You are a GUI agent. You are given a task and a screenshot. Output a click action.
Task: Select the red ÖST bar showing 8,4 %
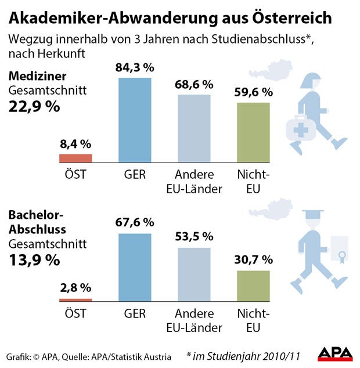click(x=76, y=158)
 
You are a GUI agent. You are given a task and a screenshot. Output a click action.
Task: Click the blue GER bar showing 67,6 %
click(x=135, y=267)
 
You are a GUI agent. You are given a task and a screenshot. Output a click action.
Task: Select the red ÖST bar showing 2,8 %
click(x=76, y=300)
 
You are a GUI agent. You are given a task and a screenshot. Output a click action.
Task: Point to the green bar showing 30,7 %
click(x=254, y=286)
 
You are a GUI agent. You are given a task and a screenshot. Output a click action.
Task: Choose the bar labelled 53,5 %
click(x=194, y=275)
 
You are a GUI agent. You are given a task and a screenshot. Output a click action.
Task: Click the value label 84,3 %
click(x=135, y=68)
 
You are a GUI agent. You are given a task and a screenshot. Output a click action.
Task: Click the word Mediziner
click(x=37, y=76)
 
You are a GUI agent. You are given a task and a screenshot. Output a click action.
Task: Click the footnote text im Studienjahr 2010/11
click(x=243, y=354)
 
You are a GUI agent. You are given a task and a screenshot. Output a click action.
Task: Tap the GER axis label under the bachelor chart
click(x=135, y=314)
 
